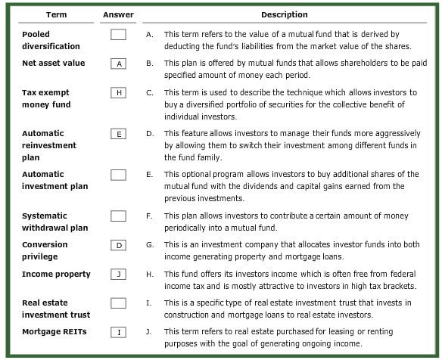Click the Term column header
[57, 14]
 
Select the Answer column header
[117, 14]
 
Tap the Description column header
[285, 14]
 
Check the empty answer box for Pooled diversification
[117, 35]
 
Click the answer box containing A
[117, 64]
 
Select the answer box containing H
[117, 93]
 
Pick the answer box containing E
[117, 134]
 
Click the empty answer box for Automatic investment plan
[117, 175]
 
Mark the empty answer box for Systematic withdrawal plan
[117, 216]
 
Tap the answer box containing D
[117, 245]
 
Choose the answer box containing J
[117, 275]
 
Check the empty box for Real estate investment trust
[117, 303]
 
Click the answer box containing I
[117, 332]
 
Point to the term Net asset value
[54, 63]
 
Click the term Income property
[56, 274]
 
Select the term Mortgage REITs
[54, 331]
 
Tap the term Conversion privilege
[45, 250]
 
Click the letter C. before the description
[150, 92]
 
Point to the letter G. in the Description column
[150, 245]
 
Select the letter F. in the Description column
[150, 216]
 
